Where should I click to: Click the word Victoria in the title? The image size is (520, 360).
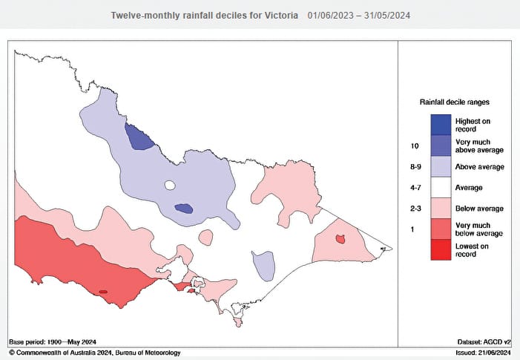pyautogui.click(x=281, y=15)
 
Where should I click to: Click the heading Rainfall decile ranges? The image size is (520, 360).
pyautogui.click(x=454, y=101)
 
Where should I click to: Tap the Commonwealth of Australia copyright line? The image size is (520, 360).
pyautogui.click(x=95, y=353)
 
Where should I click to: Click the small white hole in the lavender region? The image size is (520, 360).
pyautogui.click(x=170, y=186)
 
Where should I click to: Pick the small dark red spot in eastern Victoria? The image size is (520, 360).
pyautogui.click(x=340, y=239)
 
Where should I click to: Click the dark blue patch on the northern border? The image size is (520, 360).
pyautogui.click(x=138, y=137)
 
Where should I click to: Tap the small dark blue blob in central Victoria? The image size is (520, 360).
pyautogui.click(x=183, y=209)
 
